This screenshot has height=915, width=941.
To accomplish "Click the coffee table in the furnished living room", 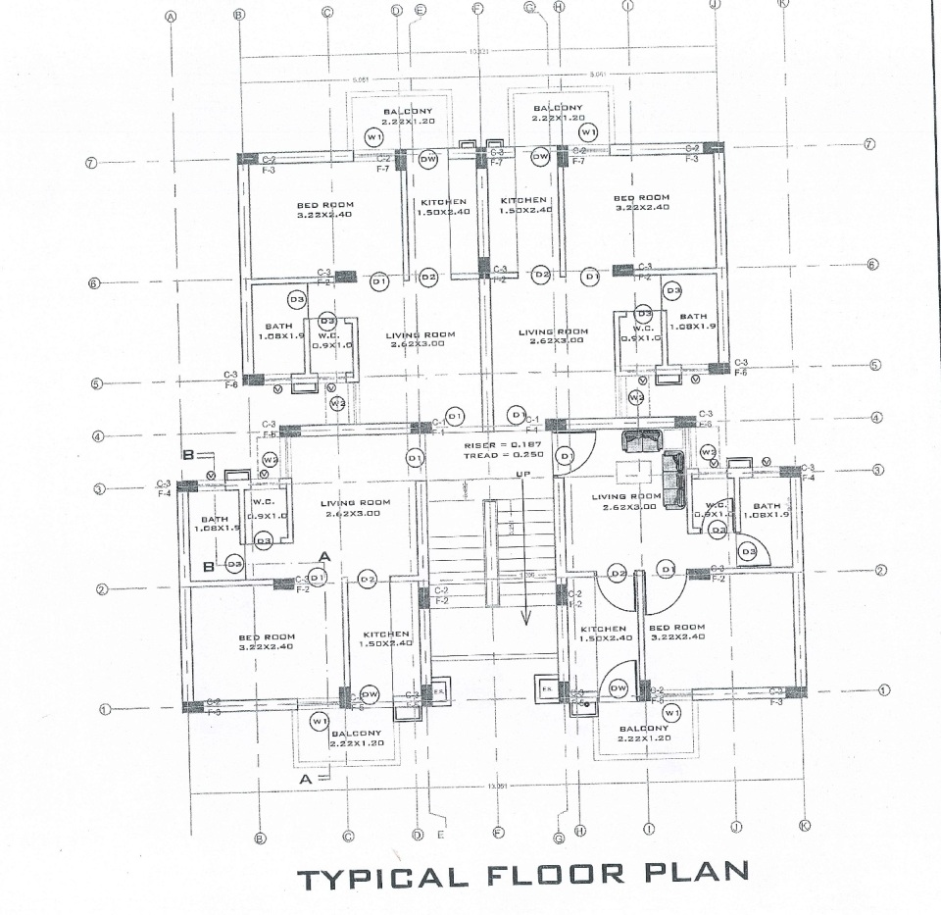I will (x=627, y=473).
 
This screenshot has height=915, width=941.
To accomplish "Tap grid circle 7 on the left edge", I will (x=90, y=163).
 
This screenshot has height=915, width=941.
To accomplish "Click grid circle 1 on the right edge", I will (x=884, y=689).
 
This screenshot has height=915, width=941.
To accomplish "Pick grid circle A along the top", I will (x=171, y=16).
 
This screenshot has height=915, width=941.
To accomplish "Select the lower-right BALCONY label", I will (x=643, y=729).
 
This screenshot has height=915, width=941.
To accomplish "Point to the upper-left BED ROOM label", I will (x=324, y=205).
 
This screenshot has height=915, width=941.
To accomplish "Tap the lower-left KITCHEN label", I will (x=385, y=634).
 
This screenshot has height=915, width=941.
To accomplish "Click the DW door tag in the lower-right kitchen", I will (x=618, y=689).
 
